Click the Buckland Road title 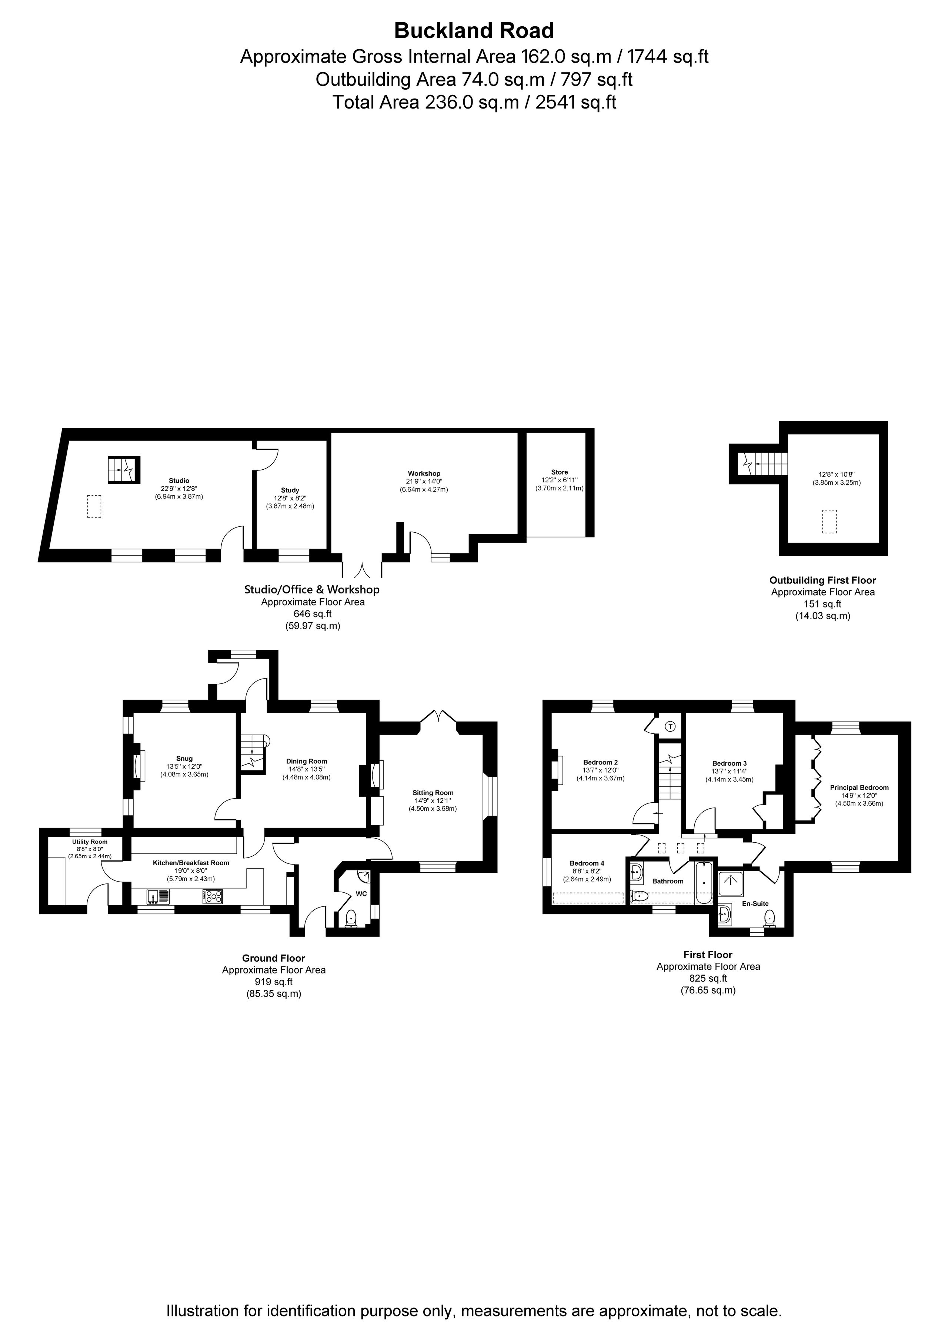click(x=474, y=30)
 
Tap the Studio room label click(x=179, y=480)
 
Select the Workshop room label click(x=424, y=473)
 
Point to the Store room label click(x=559, y=472)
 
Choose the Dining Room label click(x=306, y=762)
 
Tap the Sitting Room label click(x=433, y=793)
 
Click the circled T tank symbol click(x=670, y=726)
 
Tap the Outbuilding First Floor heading click(x=822, y=580)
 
